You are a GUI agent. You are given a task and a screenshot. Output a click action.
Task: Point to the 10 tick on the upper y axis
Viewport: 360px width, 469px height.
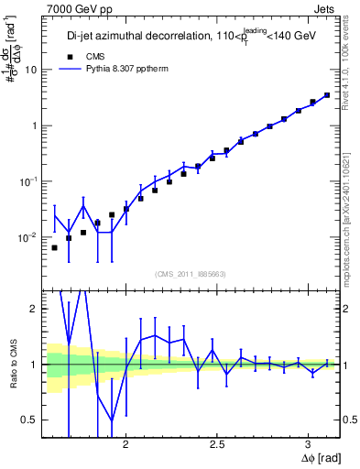(31, 70)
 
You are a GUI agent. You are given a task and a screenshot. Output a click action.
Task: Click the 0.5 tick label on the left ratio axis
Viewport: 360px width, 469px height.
(29, 420)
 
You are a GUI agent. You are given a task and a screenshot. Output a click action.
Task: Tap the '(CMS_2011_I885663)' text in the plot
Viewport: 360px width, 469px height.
(191, 272)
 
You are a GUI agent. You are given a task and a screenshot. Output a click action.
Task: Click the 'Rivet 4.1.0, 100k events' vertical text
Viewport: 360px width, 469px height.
(352, 66)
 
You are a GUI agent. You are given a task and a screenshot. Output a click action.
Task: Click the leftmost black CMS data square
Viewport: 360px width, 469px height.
(54, 247)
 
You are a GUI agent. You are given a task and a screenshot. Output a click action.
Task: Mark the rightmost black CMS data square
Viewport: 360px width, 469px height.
(327, 94)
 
